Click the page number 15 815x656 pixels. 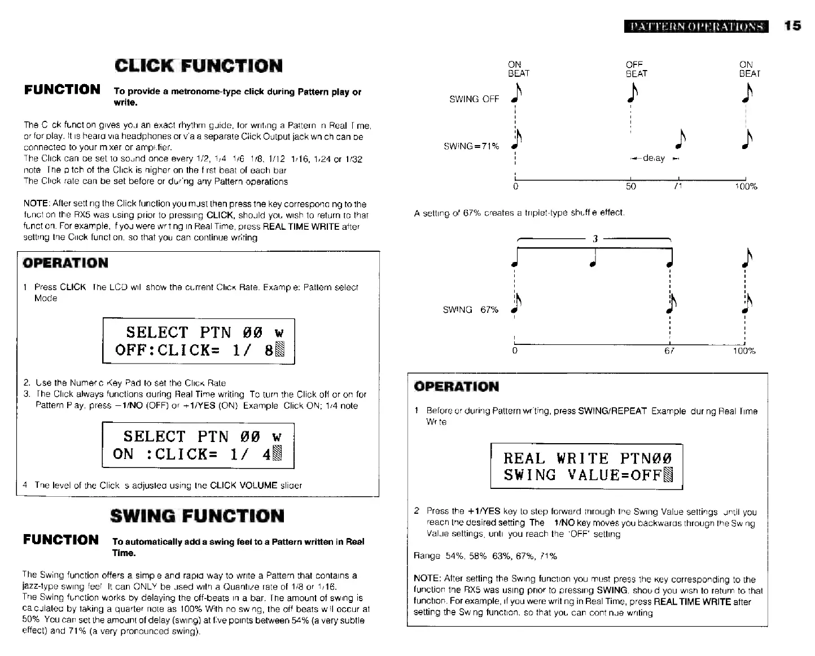pos(792,26)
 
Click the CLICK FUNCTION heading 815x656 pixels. pos(198,65)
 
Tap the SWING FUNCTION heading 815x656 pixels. pos(197,515)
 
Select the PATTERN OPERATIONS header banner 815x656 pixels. pos(696,27)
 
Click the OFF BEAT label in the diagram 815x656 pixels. pos(636,69)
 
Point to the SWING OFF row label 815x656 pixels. pos(474,99)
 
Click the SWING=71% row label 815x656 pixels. pos(471,146)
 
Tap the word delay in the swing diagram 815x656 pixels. pos(654,159)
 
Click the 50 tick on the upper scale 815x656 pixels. pos(630,186)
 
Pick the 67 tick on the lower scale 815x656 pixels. pos(669,351)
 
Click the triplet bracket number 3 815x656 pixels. pos(595,239)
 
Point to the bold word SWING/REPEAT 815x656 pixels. pos(612,411)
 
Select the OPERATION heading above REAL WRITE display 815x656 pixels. pos(456,387)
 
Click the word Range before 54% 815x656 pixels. pos(427,556)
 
